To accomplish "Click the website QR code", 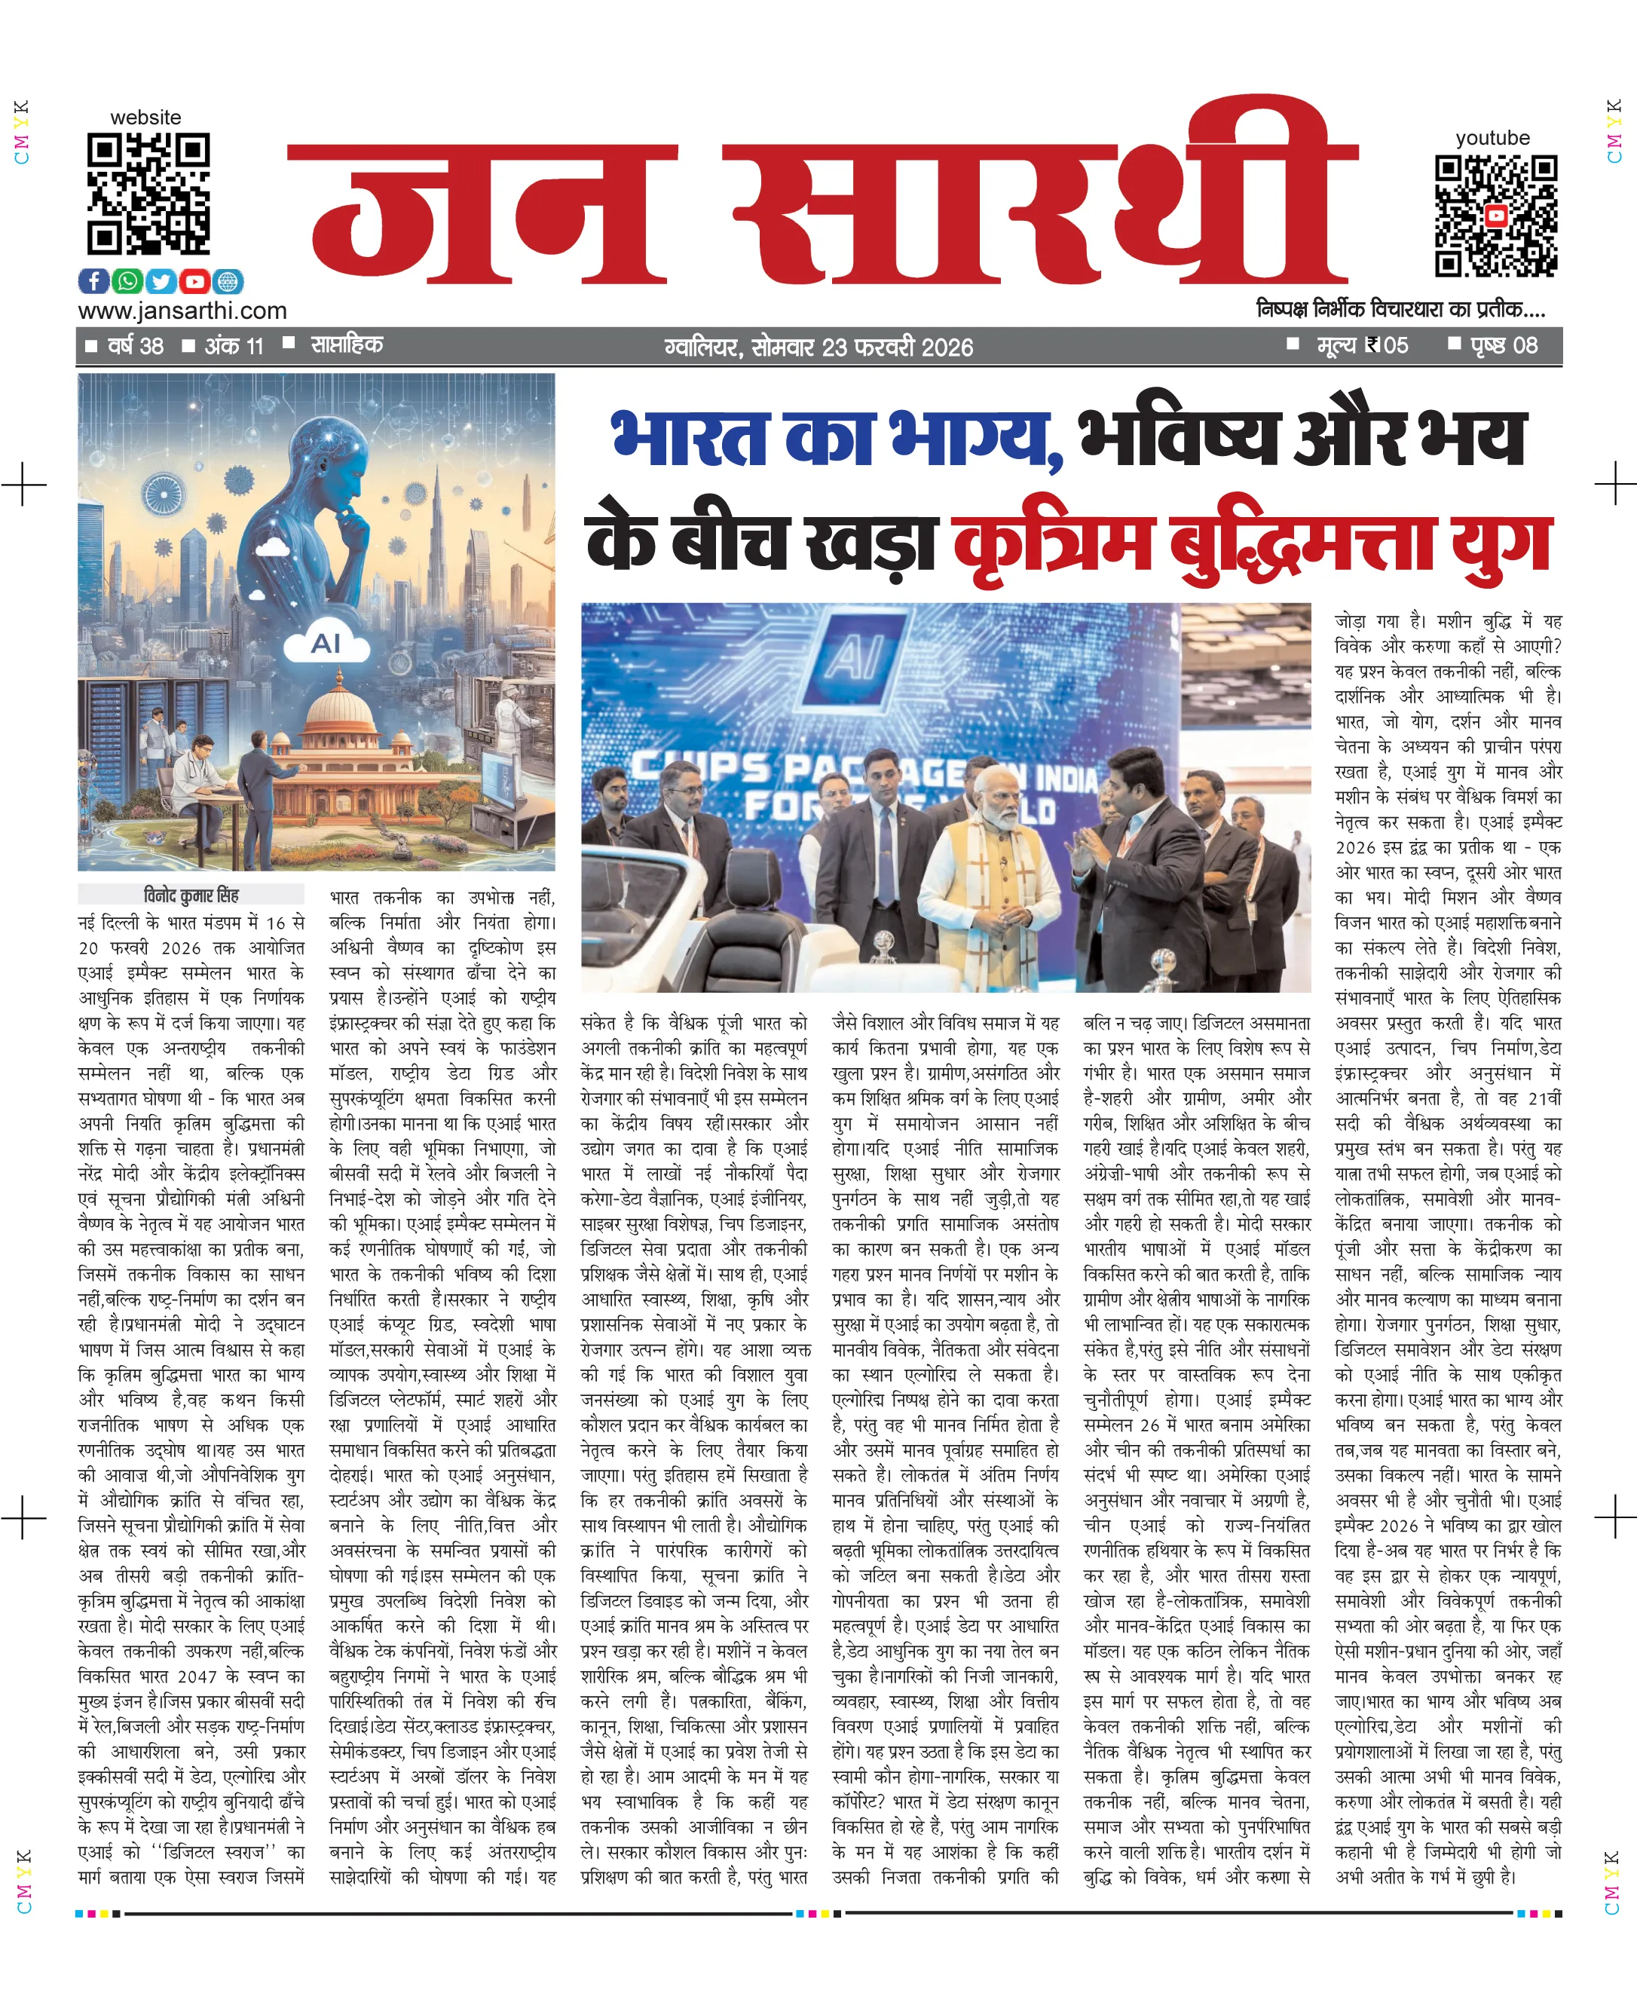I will (x=148, y=194).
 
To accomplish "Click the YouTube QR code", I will (x=1495, y=216).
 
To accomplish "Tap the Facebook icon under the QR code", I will (x=93, y=281).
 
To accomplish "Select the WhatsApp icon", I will (x=127, y=281).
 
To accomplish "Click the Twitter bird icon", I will (x=161, y=281).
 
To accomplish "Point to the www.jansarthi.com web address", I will (x=182, y=311).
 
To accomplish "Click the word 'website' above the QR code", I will (x=145, y=118).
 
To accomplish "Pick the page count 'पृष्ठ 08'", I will (x=1503, y=345).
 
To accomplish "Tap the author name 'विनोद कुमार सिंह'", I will (x=191, y=894).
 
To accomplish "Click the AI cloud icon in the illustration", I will (x=326, y=642).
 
